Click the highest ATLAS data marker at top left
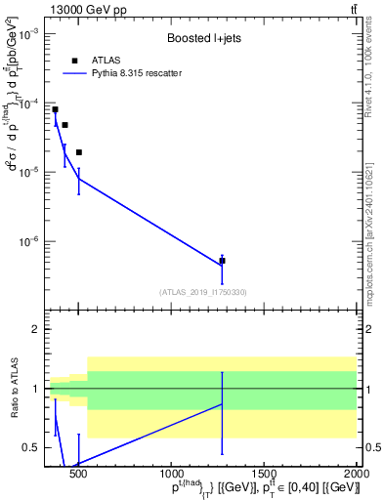55,109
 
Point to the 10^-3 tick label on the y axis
28,33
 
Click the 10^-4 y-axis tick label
28,103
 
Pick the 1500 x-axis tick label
264,476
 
